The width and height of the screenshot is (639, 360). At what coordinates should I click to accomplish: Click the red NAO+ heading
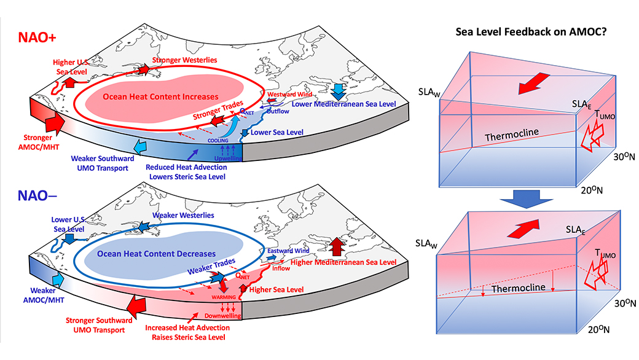(x=37, y=37)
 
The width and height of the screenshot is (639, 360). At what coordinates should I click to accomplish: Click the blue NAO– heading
(x=37, y=195)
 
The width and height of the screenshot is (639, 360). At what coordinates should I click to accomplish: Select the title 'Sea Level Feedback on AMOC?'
(x=531, y=32)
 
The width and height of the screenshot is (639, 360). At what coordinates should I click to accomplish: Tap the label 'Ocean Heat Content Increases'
(x=160, y=97)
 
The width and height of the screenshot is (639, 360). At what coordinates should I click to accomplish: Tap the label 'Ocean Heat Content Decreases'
(x=156, y=254)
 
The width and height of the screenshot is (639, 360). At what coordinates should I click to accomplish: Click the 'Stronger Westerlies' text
(x=184, y=60)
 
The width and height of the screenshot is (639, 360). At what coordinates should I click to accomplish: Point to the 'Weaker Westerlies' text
(x=183, y=215)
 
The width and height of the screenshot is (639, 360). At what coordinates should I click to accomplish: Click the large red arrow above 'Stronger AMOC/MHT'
(x=55, y=122)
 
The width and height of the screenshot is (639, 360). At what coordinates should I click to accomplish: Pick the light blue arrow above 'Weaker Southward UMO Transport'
(x=140, y=147)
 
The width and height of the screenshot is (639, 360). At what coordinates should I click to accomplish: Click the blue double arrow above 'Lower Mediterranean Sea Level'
(x=338, y=92)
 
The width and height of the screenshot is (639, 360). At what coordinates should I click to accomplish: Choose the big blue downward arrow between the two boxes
(x=526, y=198)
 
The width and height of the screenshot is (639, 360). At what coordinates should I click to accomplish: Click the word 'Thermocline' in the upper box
(x=512, y=135)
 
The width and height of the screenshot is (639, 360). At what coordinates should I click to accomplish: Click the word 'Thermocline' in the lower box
(x=519, y=288)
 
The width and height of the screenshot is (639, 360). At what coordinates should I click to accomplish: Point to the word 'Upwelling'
(x=228, y=158)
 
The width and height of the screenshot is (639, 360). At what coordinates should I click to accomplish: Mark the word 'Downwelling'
(x=222, y=316)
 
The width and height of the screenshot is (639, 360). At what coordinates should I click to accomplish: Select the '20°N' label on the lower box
(x=598, y=329)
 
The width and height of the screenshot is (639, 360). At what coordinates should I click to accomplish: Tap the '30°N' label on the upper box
(x=624, y=157)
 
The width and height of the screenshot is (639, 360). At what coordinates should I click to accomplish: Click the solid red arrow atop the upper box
(x=533, y=84)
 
